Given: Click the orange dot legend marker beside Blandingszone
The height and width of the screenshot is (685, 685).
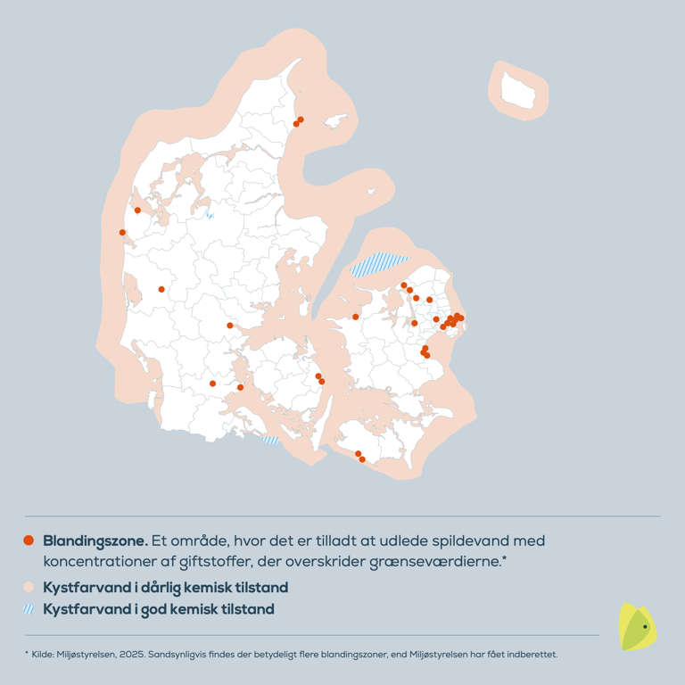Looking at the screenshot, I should point(29,541).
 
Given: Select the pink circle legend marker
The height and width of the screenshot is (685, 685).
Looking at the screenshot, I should point(29,588).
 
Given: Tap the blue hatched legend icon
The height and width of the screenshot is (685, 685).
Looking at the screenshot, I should point(29,610).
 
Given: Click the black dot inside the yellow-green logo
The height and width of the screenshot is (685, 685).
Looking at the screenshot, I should point(645,627).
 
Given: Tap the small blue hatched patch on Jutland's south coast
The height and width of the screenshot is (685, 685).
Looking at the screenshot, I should point(269,440).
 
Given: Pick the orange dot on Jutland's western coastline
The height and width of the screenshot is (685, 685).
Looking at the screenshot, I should point(122,233).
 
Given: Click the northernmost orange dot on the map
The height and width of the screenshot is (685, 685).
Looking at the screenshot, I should point(301,120).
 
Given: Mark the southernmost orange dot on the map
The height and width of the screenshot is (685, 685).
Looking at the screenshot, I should point(362,459).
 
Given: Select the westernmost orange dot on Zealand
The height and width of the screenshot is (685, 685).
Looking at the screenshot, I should point(355,317).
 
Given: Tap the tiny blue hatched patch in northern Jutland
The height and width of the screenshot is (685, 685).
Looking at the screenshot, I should point(210,215).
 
